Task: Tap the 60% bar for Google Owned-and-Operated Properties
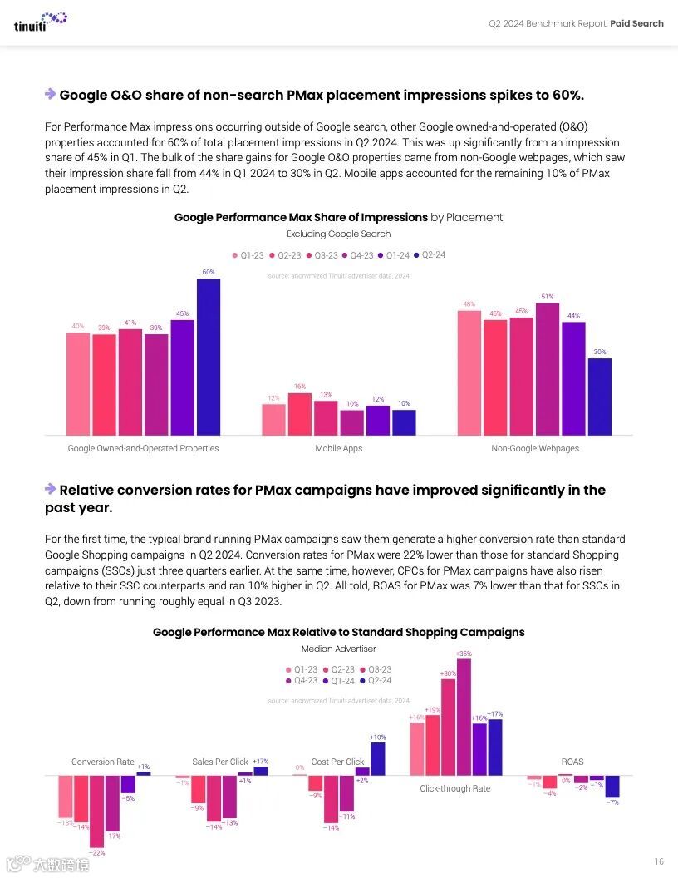click(209, 357)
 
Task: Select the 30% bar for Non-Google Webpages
click(600, 397)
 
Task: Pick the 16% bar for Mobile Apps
click(300, 414)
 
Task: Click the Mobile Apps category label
click(338, 449)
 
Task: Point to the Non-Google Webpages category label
click(535, 449)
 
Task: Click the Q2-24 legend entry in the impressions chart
click(430, 255)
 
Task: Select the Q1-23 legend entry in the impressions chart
click(247, 255)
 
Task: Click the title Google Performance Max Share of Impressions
click(301, 218)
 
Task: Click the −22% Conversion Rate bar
click(97, 811)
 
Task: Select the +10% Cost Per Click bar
click(377, 758)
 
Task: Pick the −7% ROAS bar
click(612, 786)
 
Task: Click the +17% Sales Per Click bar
click(261, 771)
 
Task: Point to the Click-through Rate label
click(454, 788)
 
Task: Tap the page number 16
click(658, 861)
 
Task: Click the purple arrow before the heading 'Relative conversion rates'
click(51, 489)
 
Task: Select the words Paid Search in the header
click(636, 23)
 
